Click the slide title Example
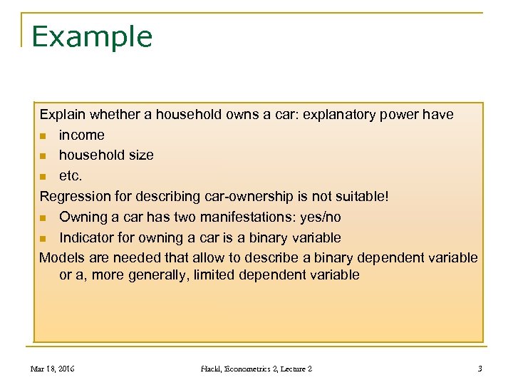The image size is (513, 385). click(x=92, y=36)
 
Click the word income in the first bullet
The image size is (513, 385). click(x=81, y=135)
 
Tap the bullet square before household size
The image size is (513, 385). click(x=43, y=156)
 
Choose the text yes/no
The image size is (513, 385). click(x=316, y=217)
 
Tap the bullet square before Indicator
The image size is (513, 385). click(x=43, y=238)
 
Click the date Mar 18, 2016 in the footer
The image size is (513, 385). click(x=52, y=369)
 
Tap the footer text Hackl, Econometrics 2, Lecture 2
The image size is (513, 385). click(x=256, y=369)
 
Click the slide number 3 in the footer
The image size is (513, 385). click(x=480, y=369)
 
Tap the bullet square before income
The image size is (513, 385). click(x=43, y=135)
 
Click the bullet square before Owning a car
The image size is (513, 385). click(x=43, y=217)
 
